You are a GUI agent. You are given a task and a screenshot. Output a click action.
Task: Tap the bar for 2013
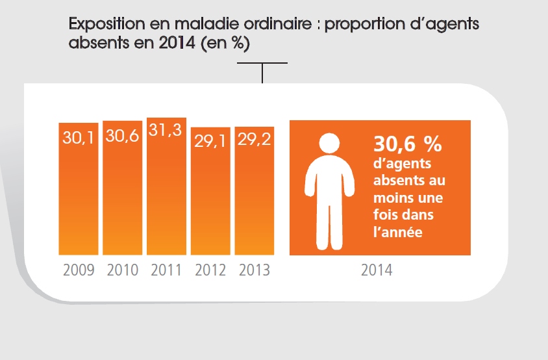(255, 195)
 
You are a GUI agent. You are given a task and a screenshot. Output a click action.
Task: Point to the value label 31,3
(167, 131)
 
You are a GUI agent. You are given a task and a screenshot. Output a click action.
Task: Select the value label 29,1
(210, 141)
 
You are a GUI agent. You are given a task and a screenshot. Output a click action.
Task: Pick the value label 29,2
(255, 140)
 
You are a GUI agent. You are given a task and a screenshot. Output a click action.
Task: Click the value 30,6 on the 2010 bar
(123, 136)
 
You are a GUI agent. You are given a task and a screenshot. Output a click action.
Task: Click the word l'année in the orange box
(398, 231)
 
